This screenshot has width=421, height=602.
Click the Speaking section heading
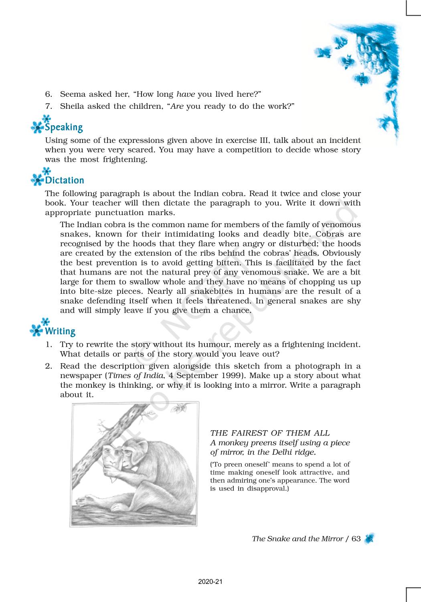coord(64,127)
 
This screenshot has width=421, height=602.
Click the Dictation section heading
coord(65,180)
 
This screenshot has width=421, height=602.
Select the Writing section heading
coord(60,331)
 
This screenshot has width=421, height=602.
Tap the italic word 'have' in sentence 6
coord(186,94)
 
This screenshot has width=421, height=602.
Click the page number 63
coord(356,539)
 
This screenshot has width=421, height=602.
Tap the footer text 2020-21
coord(210,582)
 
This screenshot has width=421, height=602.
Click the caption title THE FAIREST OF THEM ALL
coord(270,433)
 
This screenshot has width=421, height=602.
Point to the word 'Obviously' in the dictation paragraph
coord(341,253)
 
